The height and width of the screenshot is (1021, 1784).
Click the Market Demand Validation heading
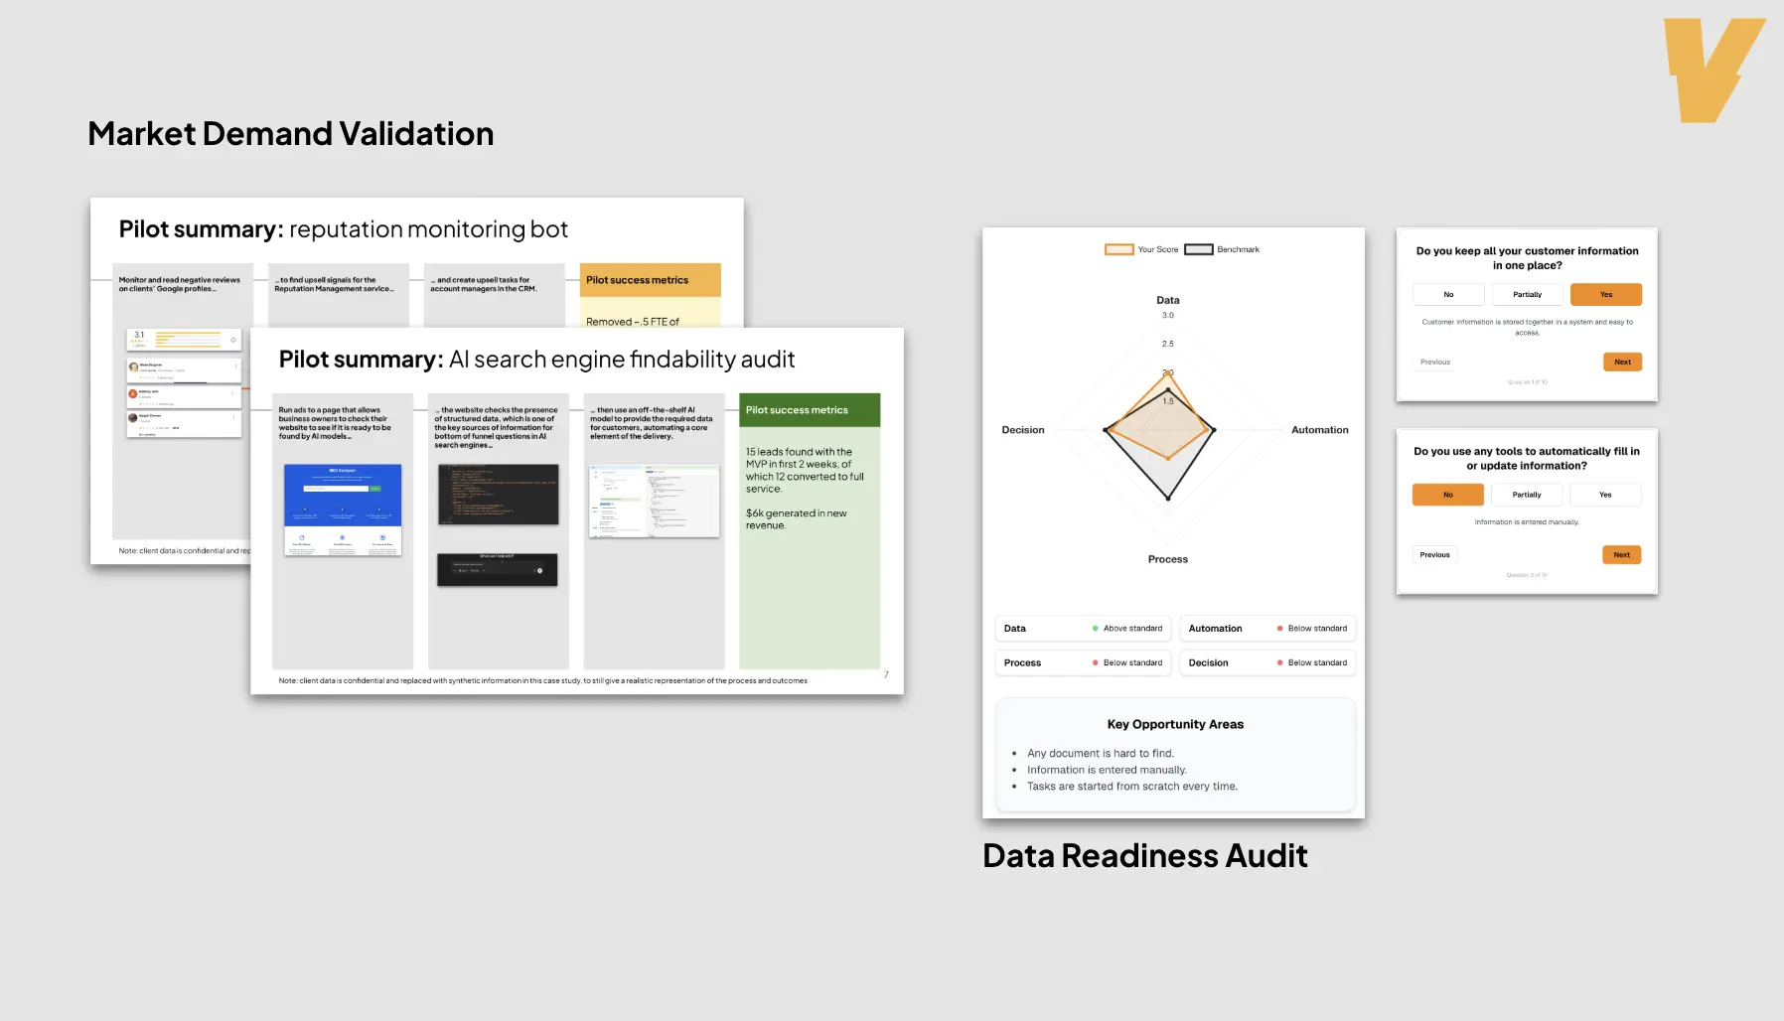pyautogui.click(x=290, y=134)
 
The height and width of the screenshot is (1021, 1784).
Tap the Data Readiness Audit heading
pyautogui.click(x=1144, y=855)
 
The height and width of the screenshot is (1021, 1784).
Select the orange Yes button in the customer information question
pyautogui.click(x=1605, y=295)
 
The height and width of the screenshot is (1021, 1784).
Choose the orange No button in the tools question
pyautogui.click(x=1447, y=495)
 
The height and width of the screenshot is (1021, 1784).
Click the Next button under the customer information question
pyautogui.click(x=1621, y=363)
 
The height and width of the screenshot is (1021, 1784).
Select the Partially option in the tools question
pyautogui.click(x=1526, y=495)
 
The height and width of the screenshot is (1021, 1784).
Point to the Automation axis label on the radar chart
pyautogui.click(x=1319, y=430)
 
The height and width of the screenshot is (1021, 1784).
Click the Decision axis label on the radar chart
pyautogui.click(x=1022, y=430)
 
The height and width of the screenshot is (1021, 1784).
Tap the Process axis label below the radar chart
pyautogui.click(x=1167, y=559)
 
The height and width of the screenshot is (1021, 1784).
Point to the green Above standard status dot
pyautogui.click(x=1095, y=629)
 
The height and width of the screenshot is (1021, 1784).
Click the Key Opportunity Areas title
pyautogui.click(x=1175, y=724)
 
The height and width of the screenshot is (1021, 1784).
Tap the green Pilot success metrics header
pyautogui.click(x=810, y=410)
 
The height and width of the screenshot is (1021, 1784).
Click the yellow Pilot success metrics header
pyautogui.click(x=650, y=280)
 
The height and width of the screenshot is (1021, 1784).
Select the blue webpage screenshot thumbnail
pyautogui.click(x=343, y=495)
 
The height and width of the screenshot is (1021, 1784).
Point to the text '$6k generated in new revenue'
pyautogui.click(x=796, y=519)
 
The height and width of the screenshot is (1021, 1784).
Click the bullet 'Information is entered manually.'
pyautogui.click(x=1107, y=770)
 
